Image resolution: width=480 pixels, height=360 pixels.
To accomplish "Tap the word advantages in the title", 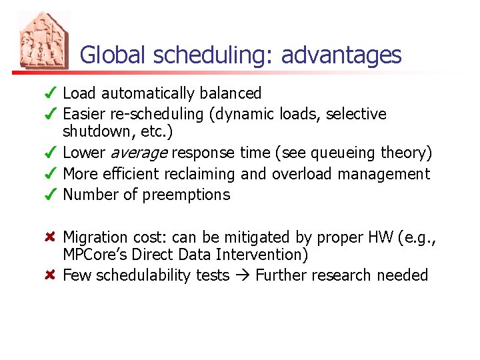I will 341,55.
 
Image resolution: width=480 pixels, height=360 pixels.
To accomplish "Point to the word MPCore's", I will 94,255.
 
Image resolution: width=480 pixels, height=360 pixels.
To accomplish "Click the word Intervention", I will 268,255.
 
